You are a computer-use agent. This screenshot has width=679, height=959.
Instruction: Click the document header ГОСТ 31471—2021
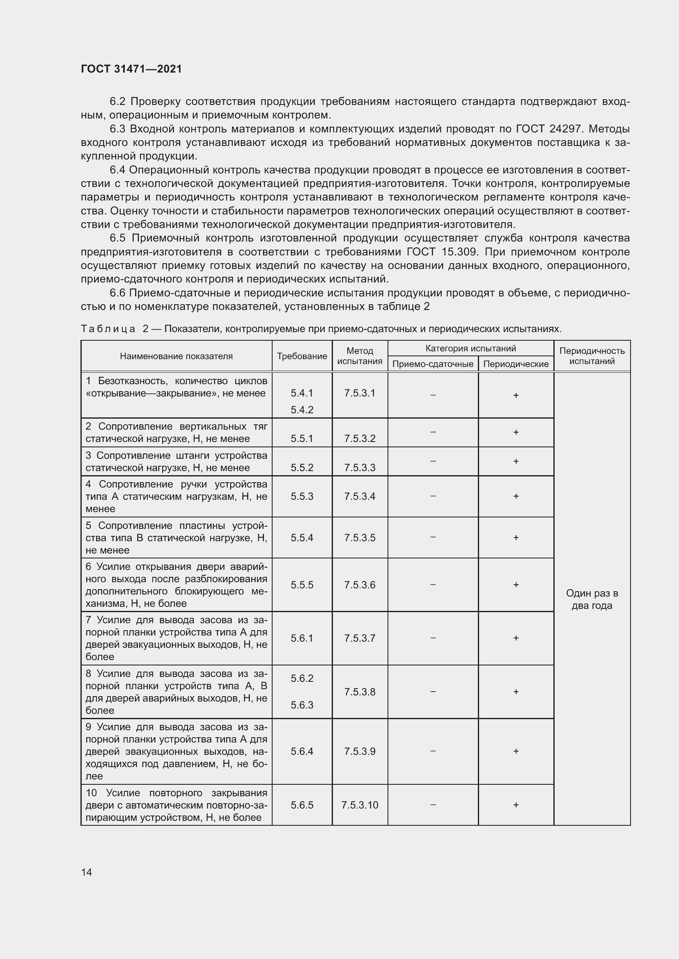click(x=131, y=69)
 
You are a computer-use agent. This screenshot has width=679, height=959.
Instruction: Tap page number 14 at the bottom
click(x=87, y=872)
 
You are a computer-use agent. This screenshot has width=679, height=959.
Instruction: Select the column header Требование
click(x=302, y=356)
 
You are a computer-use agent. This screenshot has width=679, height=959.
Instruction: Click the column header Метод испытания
click(x=360, y=356)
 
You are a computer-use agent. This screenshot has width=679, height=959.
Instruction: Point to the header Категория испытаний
click(x=470, y=349)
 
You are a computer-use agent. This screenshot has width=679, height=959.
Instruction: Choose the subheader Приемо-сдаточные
click(x=433, y=364)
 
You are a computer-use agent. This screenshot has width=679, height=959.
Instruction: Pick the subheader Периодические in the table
click(x=516, y=364)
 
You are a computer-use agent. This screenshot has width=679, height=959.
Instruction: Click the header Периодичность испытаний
click(x=592, y=356)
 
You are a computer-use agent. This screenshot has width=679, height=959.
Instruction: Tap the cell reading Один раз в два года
click(x=592, y=599)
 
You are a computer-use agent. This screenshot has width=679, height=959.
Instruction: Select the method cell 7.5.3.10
click(x=360, y=805)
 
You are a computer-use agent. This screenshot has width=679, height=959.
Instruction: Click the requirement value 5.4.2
click(x=302, y=410)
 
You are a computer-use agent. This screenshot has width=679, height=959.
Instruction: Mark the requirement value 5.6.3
click(x=302, y=705)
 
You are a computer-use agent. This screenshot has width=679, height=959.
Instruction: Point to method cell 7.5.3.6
click(x=360, y=585)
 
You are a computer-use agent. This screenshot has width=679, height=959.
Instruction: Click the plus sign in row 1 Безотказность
click(x=516, y=395)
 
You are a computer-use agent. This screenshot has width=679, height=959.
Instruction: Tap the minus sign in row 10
click(x=433, y=804)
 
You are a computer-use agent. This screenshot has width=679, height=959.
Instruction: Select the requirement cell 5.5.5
click(x=302, y=585)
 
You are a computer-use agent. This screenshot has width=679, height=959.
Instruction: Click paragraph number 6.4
click(x=117, y=170)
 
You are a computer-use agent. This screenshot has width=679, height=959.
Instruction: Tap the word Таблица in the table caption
click(x=108, y=329)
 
